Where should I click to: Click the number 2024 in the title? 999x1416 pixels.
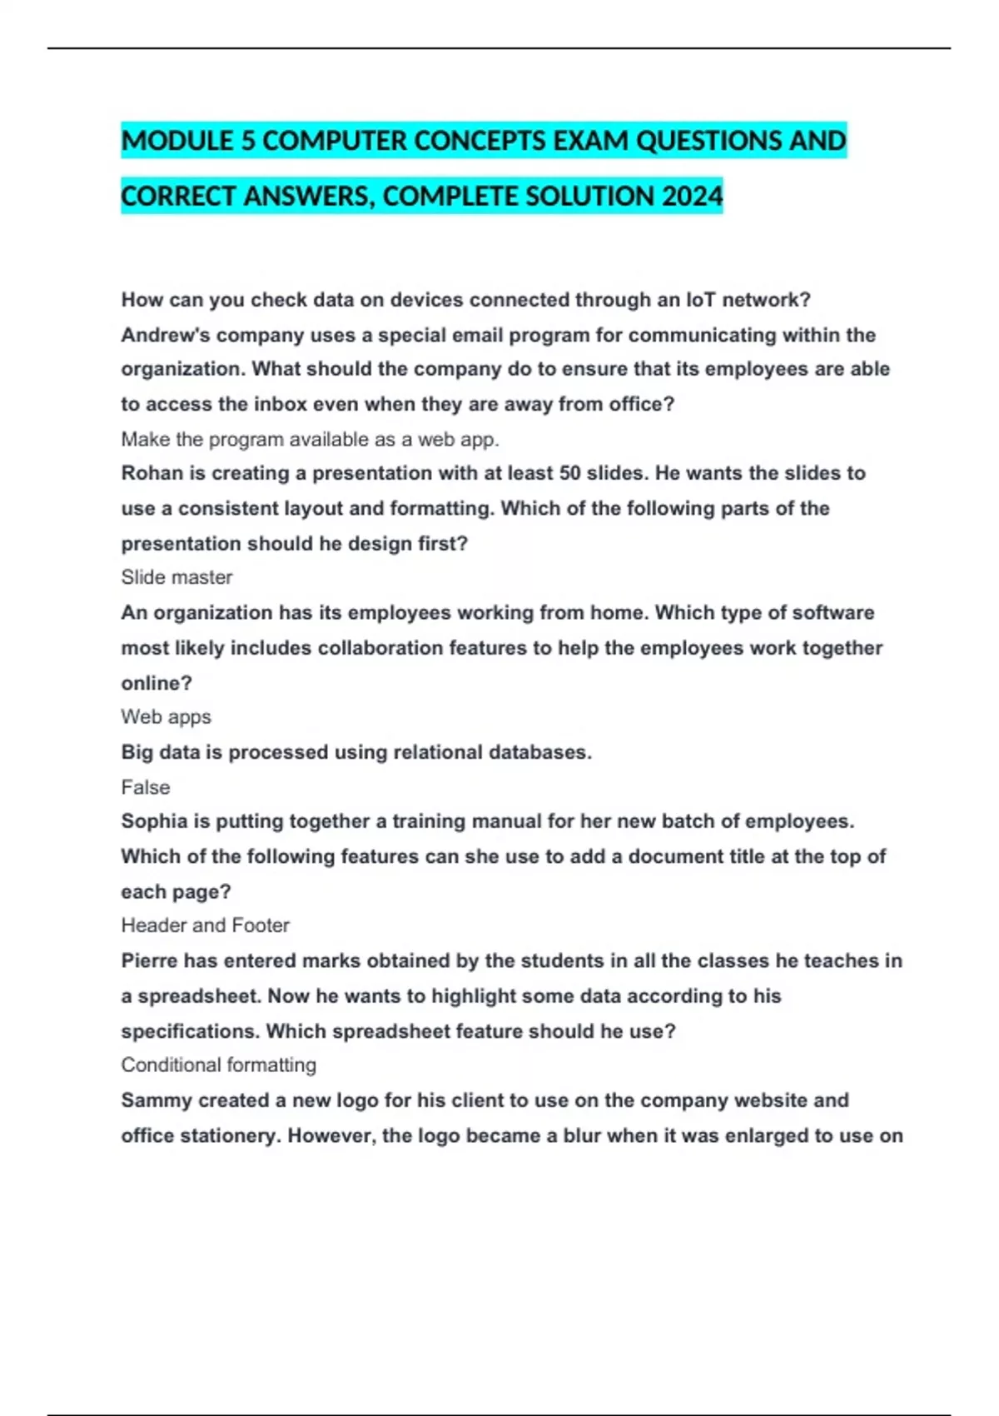click(693, 197)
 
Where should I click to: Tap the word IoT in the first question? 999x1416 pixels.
click(698, 300)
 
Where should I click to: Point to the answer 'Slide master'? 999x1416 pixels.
click(176, 577)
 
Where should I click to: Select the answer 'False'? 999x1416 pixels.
click(145, 787)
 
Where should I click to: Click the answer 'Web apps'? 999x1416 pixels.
click(166, 717)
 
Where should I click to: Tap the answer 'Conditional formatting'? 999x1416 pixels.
click(218, 1065)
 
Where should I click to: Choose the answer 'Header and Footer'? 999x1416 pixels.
click(205, 925)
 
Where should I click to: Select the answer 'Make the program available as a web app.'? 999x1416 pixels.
click(310, 439)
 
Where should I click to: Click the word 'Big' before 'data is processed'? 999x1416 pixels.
click(137, 752)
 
